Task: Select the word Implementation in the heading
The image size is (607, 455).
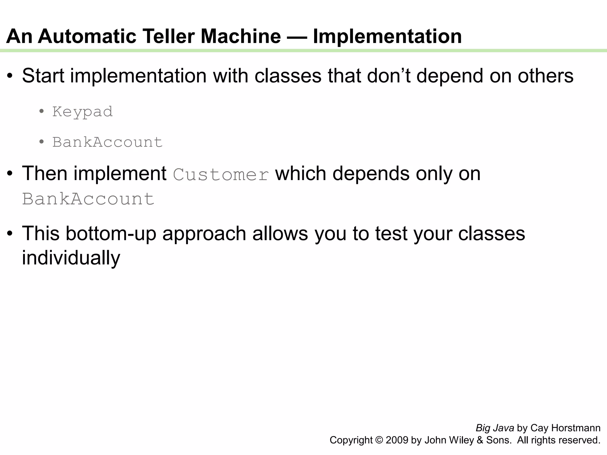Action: click(x=387, y=36)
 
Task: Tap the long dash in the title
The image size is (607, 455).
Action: click(x=297, y=37)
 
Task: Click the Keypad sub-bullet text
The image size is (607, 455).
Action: click(x=82, y=112)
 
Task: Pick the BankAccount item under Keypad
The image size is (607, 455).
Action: click(x=107, y=142)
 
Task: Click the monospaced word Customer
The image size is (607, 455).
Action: click(x=221, y=174)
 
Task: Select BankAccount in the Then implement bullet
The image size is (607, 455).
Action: click(x=88, y=199)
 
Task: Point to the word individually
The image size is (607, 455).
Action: click(x=71, y=258)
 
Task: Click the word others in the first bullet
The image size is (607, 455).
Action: click(x=545, y=76)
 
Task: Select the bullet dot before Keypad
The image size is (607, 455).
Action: click(x=41, y=112)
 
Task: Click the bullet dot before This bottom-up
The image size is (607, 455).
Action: click(x=10, y=233)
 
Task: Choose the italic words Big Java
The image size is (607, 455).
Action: click(x=495, y=428)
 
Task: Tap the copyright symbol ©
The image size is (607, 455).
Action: click(x=379, y=440)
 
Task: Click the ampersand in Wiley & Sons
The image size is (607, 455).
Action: click(x=480, y=440)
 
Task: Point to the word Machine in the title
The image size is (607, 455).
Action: click(x=241, y=36)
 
